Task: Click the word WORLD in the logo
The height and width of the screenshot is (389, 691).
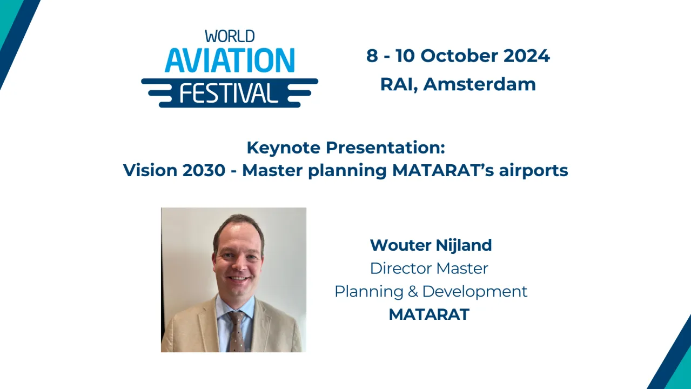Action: point(230,37)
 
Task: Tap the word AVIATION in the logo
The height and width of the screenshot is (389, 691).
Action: point(230,61)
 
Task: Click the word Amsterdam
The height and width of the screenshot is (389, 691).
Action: point(480,84)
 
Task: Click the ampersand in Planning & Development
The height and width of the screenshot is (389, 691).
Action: point(413,292)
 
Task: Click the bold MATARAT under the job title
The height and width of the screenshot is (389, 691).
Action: point(429,315)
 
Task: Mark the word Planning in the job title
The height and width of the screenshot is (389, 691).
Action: point(369,292)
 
